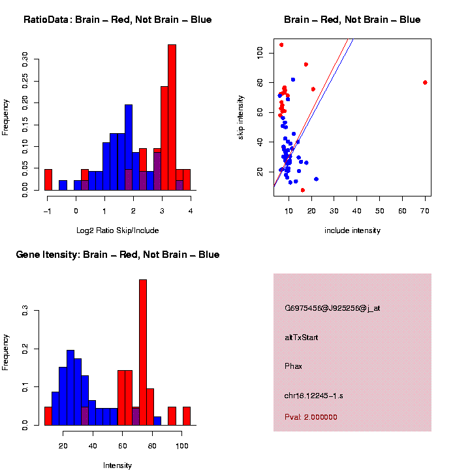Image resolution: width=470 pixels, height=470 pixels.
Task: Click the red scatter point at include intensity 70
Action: pos(425,82)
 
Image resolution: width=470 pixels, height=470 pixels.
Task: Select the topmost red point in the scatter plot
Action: pos(281,45)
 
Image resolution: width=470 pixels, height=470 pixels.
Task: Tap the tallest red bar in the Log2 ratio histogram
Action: pos(172,117)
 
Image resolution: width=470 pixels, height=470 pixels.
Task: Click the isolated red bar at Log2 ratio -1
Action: pos(48,180)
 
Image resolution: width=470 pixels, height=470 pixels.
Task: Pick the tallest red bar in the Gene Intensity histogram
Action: pos(143,352)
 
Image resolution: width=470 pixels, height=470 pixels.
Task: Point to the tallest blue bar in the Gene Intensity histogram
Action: pos(70,388)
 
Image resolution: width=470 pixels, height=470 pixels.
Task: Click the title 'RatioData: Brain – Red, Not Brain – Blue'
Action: pos(117,20)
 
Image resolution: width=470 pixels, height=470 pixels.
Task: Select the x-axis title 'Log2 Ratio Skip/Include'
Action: pos(117,230)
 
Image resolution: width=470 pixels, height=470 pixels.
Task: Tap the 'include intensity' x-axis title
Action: pos(352,230)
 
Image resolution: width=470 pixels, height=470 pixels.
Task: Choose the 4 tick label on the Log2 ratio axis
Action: pos(190,211)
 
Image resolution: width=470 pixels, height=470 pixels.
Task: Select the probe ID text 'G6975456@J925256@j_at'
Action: pos(332,308)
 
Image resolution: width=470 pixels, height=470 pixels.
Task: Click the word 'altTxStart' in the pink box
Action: pos(302,337)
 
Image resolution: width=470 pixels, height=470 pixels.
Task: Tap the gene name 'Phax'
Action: pos(293,366)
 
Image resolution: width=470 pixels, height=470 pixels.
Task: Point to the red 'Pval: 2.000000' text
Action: pos(311,417)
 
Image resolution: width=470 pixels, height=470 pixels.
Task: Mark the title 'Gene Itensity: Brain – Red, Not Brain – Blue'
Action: pos(117,255)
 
